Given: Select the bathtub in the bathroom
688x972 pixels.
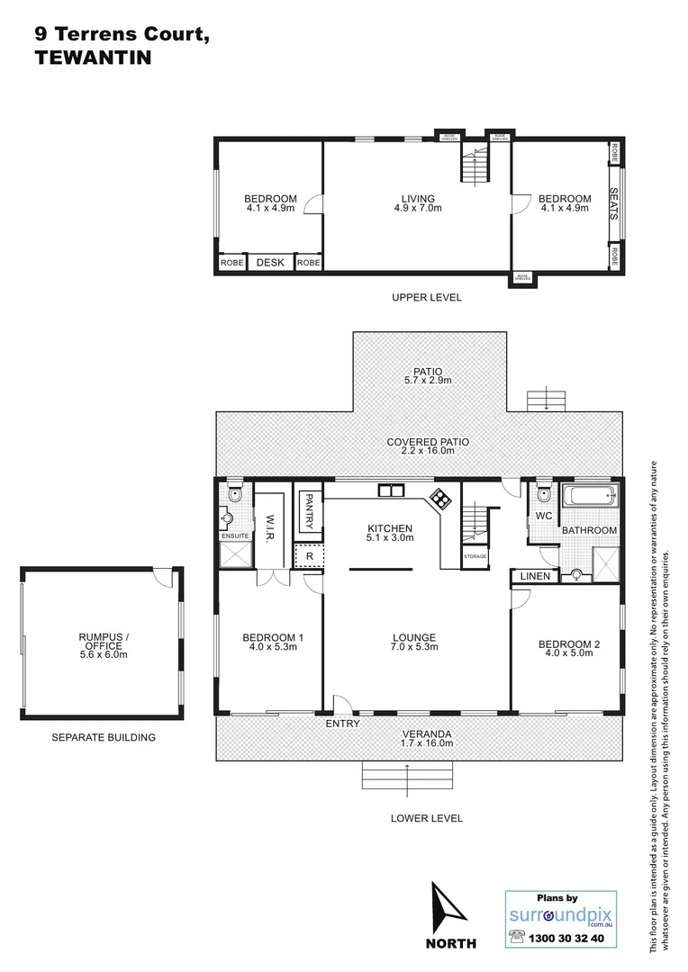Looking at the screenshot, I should click(591, 495).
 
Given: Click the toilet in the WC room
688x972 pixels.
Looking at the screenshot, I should click(544, 494).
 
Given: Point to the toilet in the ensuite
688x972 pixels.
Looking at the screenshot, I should click(234, 493).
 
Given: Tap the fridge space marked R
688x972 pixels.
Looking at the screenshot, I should click(309, 556).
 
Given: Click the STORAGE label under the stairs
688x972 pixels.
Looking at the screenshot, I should click(475, 556).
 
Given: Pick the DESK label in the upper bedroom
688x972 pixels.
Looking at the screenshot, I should click(270, 263).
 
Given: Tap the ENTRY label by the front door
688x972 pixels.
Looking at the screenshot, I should click(342, 724).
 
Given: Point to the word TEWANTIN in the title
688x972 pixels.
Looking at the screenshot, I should click(80, 57).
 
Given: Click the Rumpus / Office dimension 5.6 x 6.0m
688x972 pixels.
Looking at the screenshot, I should click(104, 654).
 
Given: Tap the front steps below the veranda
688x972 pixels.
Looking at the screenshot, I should click(407, 775).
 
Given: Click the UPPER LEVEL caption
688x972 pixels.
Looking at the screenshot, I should click(426, 298).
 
